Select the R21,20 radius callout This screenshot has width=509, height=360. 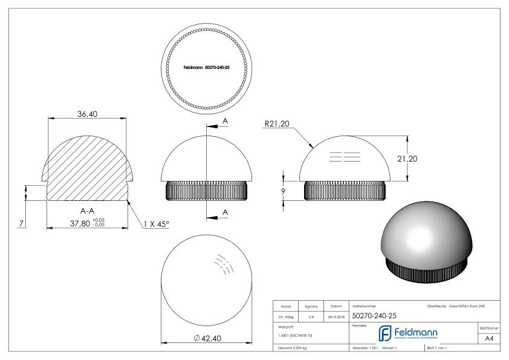(278, 125)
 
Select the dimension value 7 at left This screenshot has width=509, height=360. (22, 224)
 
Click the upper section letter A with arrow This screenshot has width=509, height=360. (225, 121)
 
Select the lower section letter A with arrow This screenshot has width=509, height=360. (225, 212)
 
